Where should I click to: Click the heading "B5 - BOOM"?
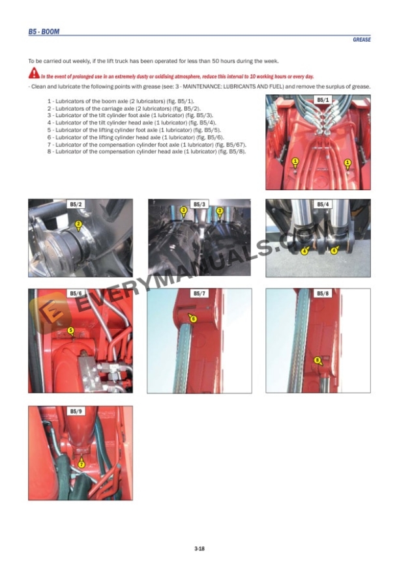point(44,31)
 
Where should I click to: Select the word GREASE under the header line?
point(362,40)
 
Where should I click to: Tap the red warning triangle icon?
point(33,76)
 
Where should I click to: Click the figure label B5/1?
point(323,100)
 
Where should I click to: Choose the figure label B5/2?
point(76,204)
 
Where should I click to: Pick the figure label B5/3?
point(199,204)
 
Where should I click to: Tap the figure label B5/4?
point(323,204)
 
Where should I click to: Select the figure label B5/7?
point(199,294)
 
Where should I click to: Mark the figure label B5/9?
point(76,412)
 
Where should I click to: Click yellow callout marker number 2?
point(78,225)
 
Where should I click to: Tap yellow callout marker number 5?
point(70,330)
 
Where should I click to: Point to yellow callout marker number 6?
point(193,318)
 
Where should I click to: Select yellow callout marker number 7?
point(81,464)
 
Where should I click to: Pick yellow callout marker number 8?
point(317,360)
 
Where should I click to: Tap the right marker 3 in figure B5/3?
point(220,210)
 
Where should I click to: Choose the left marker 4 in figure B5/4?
point(304,250)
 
